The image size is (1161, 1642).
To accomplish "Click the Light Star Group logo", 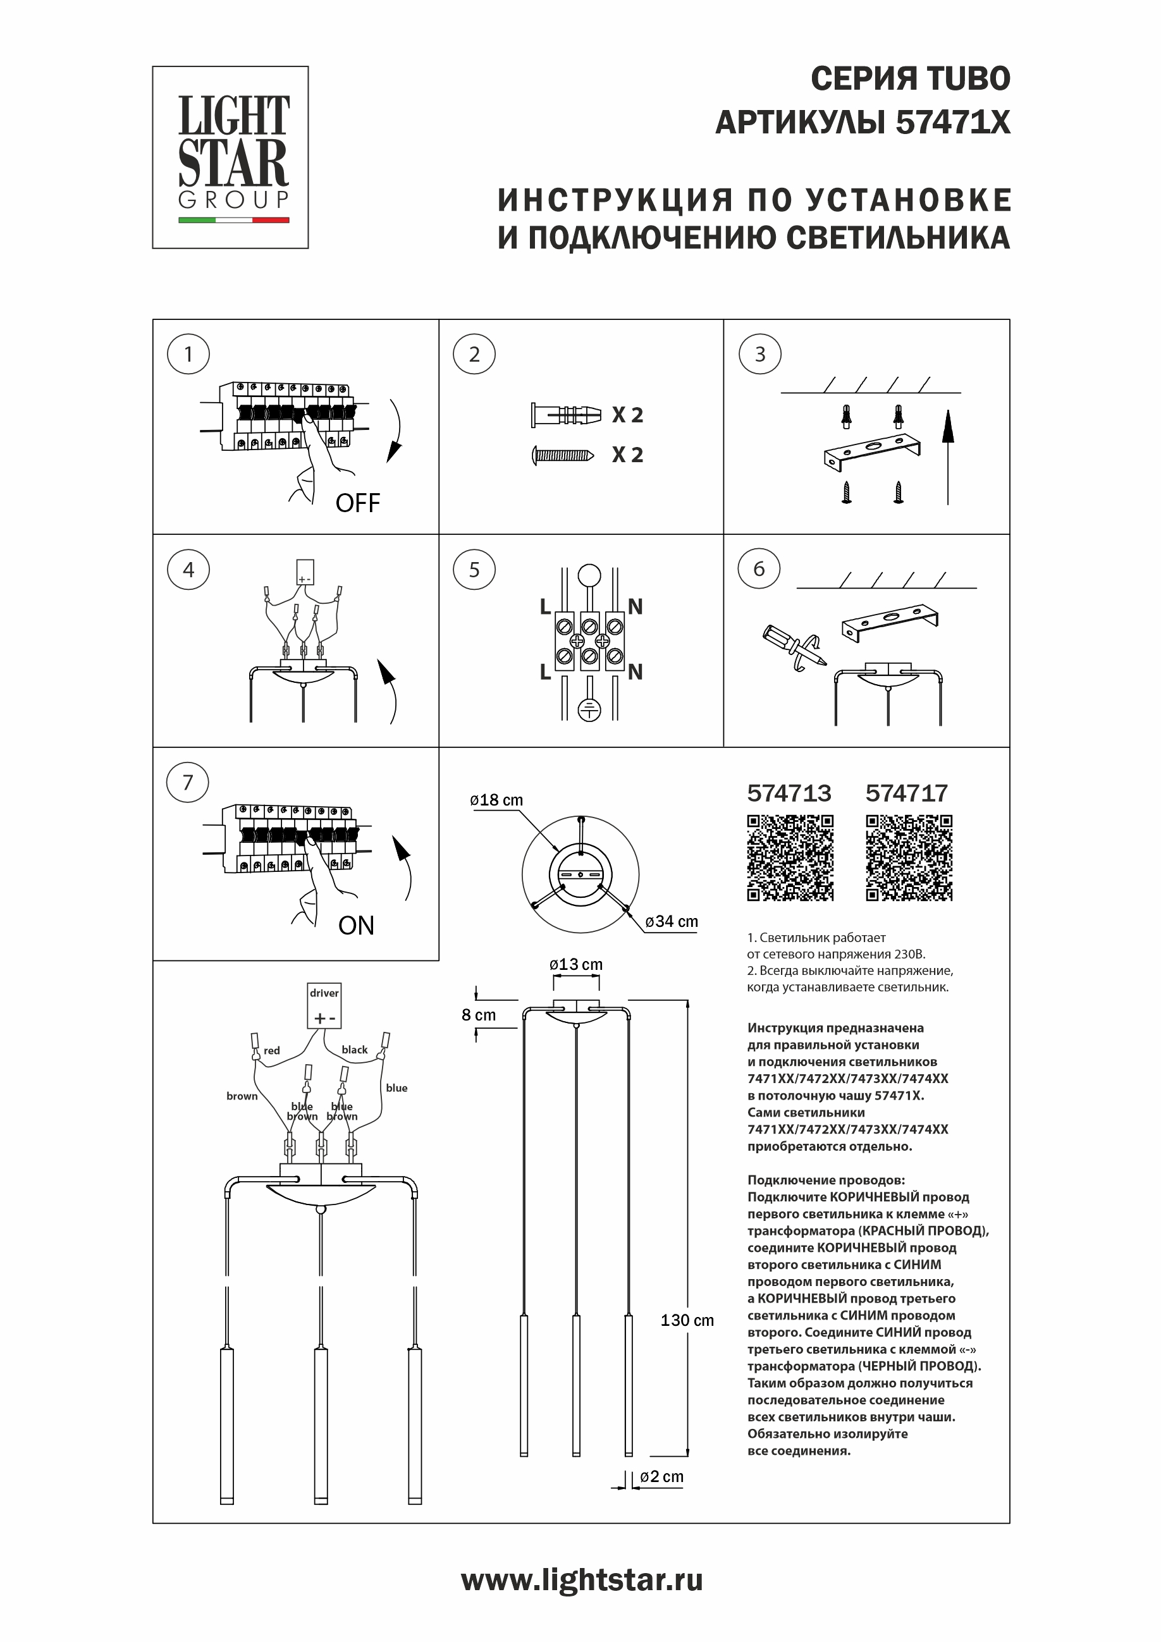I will [230, 157].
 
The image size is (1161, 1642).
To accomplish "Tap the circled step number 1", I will [188, 354].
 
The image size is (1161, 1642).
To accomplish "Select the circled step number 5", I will [474, 569].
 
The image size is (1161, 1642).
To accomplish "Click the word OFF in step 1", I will [358, 503].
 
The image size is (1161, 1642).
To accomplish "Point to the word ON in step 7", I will [356, 926].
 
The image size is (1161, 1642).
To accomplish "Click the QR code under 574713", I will [790, 857].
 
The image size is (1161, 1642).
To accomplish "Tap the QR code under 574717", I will [909, 857].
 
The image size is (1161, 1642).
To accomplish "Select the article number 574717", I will [906, 793].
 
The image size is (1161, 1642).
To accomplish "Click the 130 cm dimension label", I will [687, 1320].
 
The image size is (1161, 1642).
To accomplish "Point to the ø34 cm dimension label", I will [671, 921].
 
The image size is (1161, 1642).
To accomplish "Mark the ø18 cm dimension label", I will [496, 800].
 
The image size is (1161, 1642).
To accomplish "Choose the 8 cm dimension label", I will [479, 1015].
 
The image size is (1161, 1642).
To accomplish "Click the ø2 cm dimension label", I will [661, 1477].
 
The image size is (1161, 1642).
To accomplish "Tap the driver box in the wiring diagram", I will [324, 1005].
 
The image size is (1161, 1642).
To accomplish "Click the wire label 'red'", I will [272, 1051].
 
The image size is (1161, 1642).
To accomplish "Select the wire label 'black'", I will [354, 1050].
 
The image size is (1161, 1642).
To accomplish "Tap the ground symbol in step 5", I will [589, 709].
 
